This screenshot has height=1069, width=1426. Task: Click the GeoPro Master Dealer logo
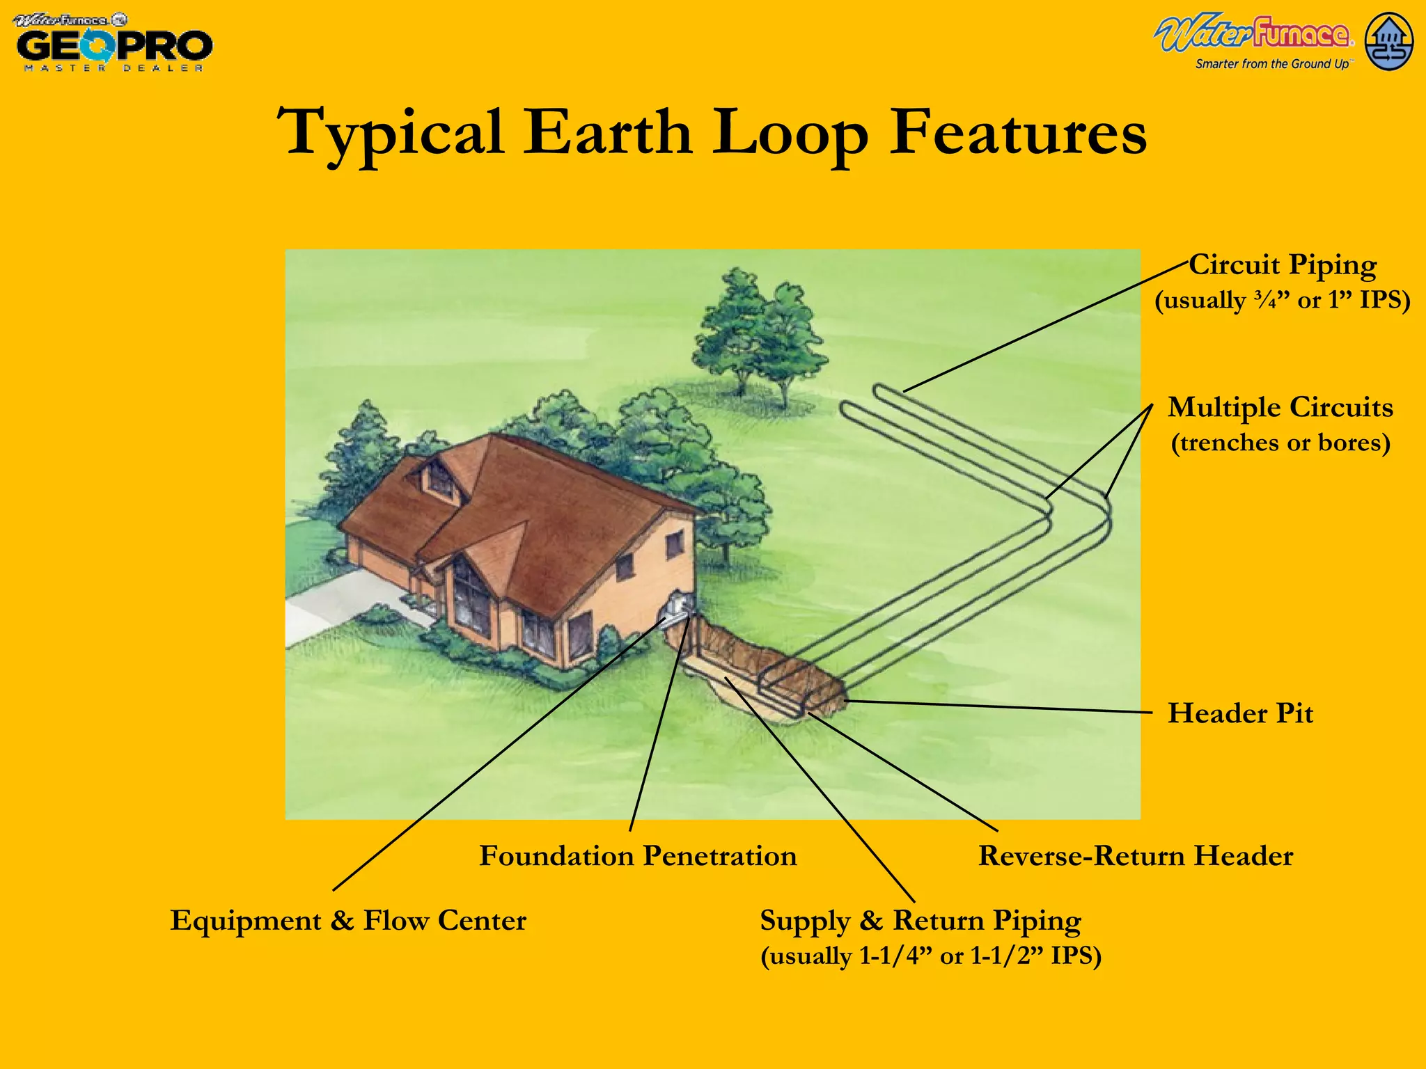(113, 43)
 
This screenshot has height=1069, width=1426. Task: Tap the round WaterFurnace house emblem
(1388, 42)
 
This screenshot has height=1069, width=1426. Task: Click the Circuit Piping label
(1283, 265)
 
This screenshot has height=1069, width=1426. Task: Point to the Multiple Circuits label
(1280, 407)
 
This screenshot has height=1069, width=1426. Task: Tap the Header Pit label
(1240, 713)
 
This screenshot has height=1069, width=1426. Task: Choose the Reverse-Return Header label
(1135, 856)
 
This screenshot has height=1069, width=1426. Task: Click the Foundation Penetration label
(638, 856)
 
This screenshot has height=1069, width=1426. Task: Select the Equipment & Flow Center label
(348, 920)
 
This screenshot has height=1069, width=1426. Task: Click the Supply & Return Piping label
(920, 920)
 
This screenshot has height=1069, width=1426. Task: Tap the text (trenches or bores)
(1280, 443)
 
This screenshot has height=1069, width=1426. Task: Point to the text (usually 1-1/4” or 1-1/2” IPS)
(930, 956)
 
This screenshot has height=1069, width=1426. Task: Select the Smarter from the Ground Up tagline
(1271, 64)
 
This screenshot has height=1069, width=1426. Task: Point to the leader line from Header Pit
(996, 707)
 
